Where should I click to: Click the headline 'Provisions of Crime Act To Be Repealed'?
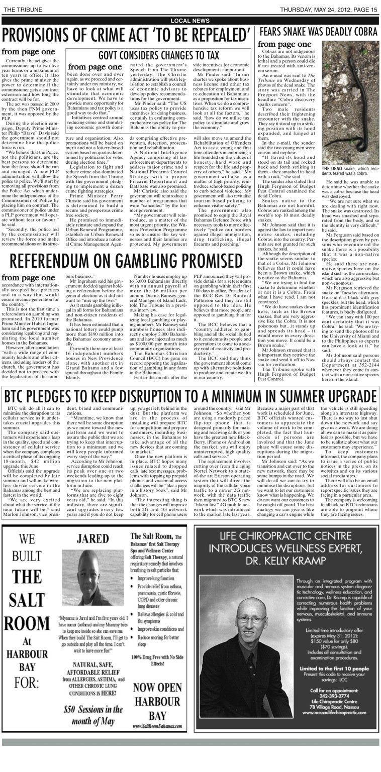tap(126, 35)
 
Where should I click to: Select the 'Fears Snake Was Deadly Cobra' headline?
tap(318, 32)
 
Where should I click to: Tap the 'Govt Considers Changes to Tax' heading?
tap(158, 55)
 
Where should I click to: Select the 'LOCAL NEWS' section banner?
tap(190, 20)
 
